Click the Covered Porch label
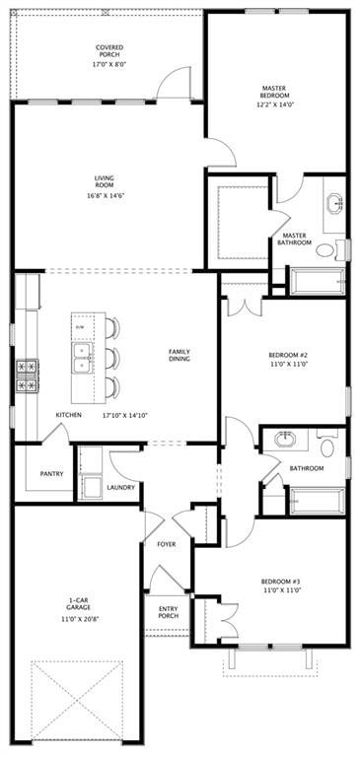(x=109, y=50)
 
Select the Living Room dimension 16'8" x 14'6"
(x=104, y=195)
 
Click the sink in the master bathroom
(x=333, y=204)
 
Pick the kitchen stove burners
(x=27, y=376)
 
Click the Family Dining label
(x=180, y=355)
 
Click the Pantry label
(x=52, y=473)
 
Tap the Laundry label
(x=120, y=486)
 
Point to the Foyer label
(x=167, y=544)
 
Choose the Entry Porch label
(x=169, y=613)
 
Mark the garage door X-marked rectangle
(x=77, y=700)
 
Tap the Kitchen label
(x=68, y=415)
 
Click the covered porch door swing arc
(x=173, y=82)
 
